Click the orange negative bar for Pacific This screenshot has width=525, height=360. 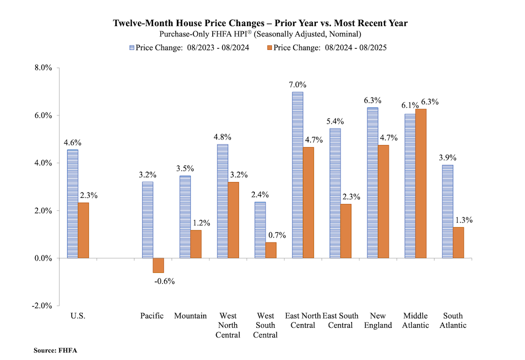coord(158,265)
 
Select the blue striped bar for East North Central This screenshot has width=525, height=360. coord(297,175)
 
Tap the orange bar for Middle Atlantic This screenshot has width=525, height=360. coord(421,184)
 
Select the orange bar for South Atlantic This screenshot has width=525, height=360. coord(458,243)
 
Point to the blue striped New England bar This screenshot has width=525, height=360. coord(373,183)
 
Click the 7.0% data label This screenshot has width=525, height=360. coord(297,85)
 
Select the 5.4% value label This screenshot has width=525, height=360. coord(335,122)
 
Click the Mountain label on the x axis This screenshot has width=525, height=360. coord(190,316)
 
